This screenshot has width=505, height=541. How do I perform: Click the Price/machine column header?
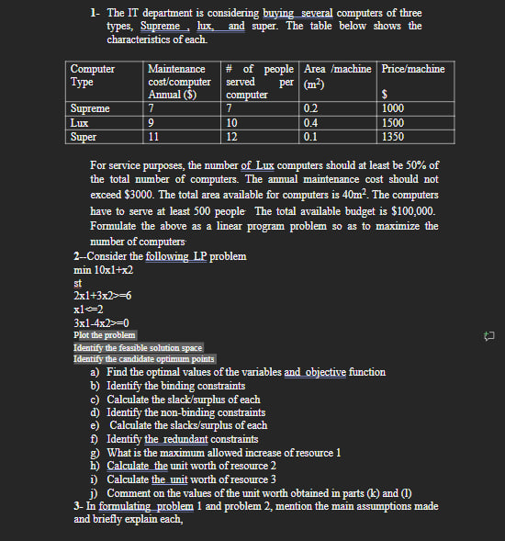point(413,69)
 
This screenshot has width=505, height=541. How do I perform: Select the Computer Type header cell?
point(93,75)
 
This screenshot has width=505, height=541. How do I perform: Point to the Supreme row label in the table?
point(90,108)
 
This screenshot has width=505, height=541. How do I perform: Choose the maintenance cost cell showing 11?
point(154,137)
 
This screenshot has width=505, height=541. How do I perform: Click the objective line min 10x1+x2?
point(103,270)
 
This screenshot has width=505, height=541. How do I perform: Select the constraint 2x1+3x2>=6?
point(103,296)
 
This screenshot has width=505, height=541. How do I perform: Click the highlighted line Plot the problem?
point(105,335)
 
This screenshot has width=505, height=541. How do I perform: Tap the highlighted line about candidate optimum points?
point(144,359)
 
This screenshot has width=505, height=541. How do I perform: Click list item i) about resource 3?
point(191,479)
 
